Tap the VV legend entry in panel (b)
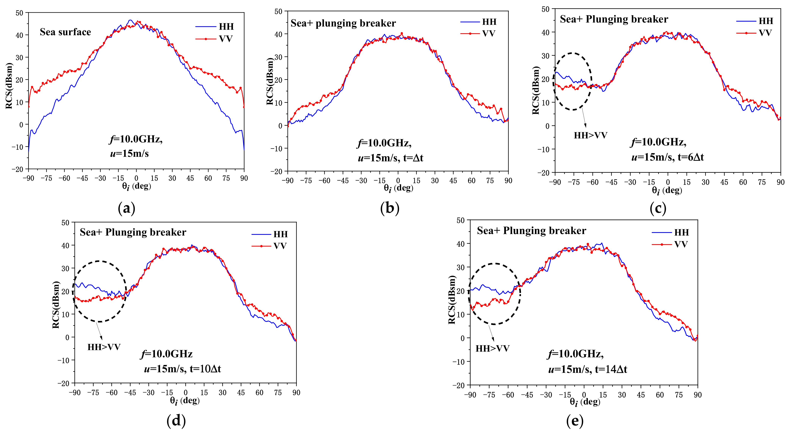[489, 34]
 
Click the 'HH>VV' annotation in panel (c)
[590, 135]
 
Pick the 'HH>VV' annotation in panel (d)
[104, 347]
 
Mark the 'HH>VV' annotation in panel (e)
[492, 348]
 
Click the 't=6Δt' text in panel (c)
[691, 157]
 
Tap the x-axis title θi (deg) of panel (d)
[185, 401]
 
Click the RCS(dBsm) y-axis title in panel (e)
[452, 300]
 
